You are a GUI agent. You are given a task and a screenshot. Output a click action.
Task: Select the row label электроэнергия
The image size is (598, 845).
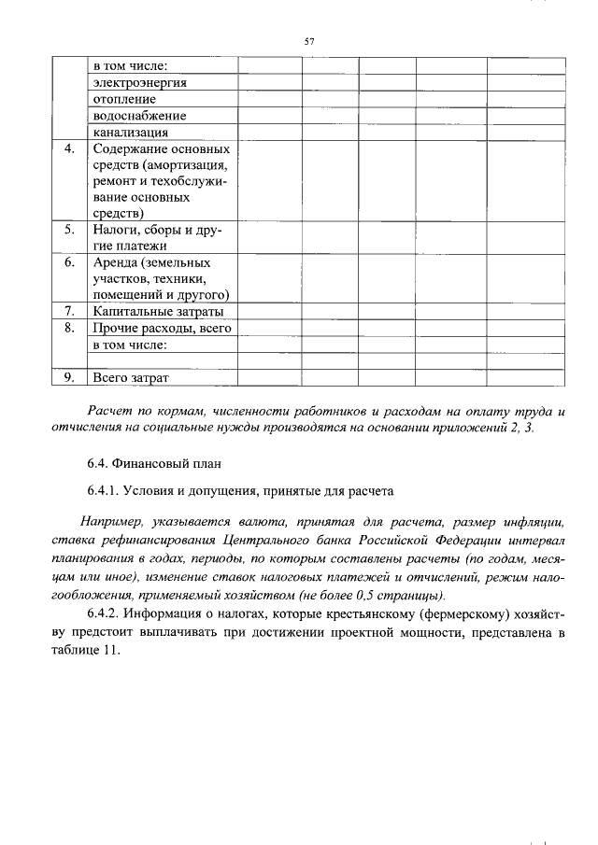tap(139, 82)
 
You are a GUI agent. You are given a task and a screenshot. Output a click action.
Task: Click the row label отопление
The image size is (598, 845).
tap(124, 99)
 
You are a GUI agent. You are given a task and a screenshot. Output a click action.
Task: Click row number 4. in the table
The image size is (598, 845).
tap(69, 149)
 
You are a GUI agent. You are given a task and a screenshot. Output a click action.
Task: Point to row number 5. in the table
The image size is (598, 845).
tap(69, 229)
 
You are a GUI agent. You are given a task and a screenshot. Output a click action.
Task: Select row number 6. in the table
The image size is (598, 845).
tap(69, 262)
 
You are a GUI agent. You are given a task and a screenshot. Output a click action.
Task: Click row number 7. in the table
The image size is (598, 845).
tap(69, 311)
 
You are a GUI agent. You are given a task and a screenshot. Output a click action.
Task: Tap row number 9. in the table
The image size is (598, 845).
tap(69, 378)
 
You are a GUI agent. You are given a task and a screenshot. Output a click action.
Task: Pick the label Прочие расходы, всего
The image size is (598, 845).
tap(161, 328)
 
